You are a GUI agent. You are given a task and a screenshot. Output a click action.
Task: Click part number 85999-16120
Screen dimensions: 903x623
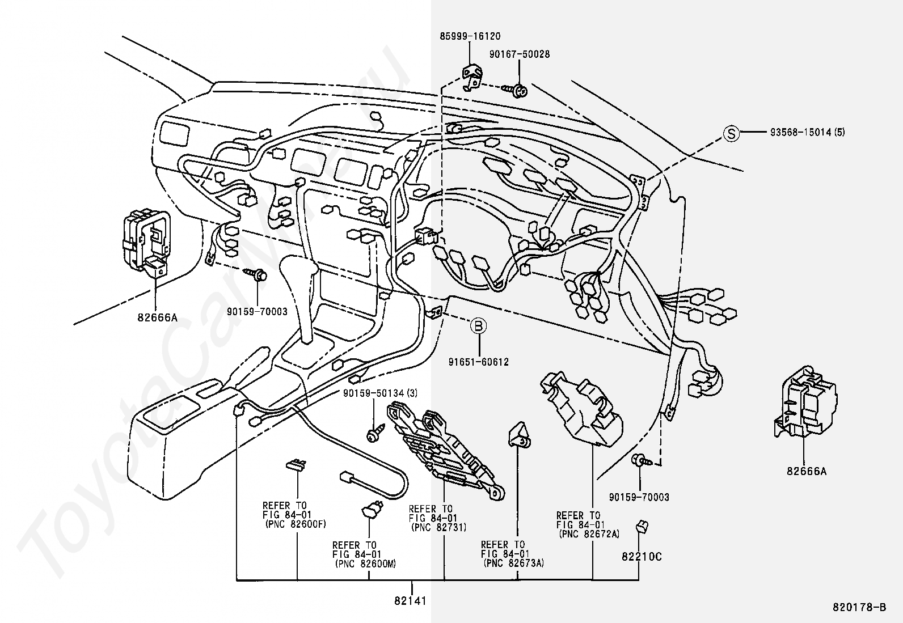pos(470,36)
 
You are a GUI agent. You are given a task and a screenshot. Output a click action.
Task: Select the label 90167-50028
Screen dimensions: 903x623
pos(520,54)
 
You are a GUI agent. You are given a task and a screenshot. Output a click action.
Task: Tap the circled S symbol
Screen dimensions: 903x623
pos(731,133)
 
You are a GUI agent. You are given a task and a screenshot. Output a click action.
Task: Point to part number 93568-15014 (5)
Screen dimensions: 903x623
pos(808,132)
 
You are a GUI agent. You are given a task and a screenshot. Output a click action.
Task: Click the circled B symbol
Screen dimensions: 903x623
pos(479,325)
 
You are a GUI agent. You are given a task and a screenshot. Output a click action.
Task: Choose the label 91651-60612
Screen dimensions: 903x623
pos(479,362)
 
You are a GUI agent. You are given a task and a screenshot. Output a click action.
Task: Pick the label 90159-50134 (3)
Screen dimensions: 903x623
pos(381,393)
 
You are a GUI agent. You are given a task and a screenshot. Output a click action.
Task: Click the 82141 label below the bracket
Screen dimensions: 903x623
pos(410,601)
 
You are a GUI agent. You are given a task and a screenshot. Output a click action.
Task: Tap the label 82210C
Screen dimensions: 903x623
pos(642,557)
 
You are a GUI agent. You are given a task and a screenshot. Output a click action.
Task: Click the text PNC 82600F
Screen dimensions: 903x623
pos(296,524)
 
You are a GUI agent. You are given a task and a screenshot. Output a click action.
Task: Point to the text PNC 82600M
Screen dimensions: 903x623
pos(366,564)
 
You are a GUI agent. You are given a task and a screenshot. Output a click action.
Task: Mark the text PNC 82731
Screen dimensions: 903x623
pos(438,528)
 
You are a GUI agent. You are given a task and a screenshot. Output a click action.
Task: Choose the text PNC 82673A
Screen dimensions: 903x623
pos(514,563)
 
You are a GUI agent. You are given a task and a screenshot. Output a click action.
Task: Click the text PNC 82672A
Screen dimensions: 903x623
pos(589,534)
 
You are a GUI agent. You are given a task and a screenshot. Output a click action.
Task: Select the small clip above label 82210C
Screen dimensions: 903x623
pos(642,527)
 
